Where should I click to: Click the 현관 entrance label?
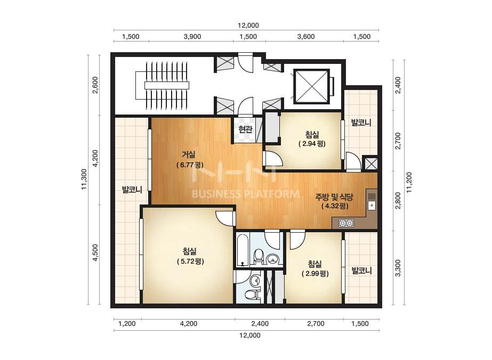(245, 129)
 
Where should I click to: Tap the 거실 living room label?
(189, 154)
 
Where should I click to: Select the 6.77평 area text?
(190, 165)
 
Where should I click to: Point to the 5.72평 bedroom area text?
(190, 261)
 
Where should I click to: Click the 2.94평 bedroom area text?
(312, 144)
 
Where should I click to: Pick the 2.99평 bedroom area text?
(315, 273)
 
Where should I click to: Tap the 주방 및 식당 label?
(334, 197)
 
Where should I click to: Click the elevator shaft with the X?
(312, 86)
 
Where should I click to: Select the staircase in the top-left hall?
(162, 86)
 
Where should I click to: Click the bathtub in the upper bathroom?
(243, 251)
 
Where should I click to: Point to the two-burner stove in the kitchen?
(346, 223)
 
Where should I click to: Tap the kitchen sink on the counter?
(372, 201)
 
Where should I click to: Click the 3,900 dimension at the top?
(192, 37)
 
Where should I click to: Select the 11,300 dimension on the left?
(84, 179)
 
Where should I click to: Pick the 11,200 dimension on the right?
(409, 183)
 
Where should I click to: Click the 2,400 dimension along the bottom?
(260, 324)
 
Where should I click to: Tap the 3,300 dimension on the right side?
(398, 268)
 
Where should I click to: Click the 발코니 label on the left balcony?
(132, 190)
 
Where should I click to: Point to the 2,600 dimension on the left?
(95, 85)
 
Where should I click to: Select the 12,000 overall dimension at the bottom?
(250, 335)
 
